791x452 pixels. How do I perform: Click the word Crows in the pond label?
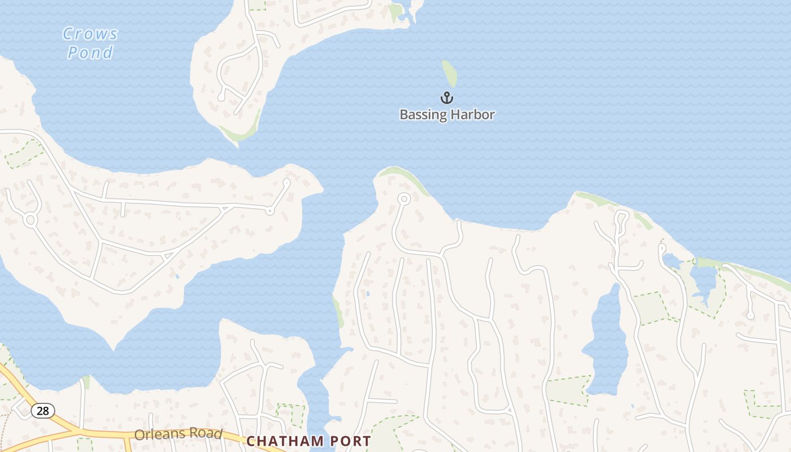pyautogui.click(x=90, y=34)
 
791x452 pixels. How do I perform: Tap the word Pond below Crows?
pyautogui.click(x=90, y=53)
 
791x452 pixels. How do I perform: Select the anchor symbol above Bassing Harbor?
pyautogui.click(x=447, y=98)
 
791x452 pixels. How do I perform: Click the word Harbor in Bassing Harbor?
pyautogui.click(x=472, y=115)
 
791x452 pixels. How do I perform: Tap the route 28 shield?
pyautogui.click(x=43, y=411)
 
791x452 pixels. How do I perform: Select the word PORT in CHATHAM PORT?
pyautogui.click(x=350, y=441)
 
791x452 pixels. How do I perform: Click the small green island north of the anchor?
pyautogui.click(x=450, y=73)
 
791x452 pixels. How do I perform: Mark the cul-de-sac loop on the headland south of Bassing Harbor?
pyautogui.click(x=403, y=199)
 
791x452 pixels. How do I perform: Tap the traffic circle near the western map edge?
pyautogui.click(x=30, y=219)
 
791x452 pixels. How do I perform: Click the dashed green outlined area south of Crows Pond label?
pyautogui.click(x=24, y=154)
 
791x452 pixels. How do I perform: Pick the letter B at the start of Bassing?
pyautogui.click(x=403, y=115)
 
